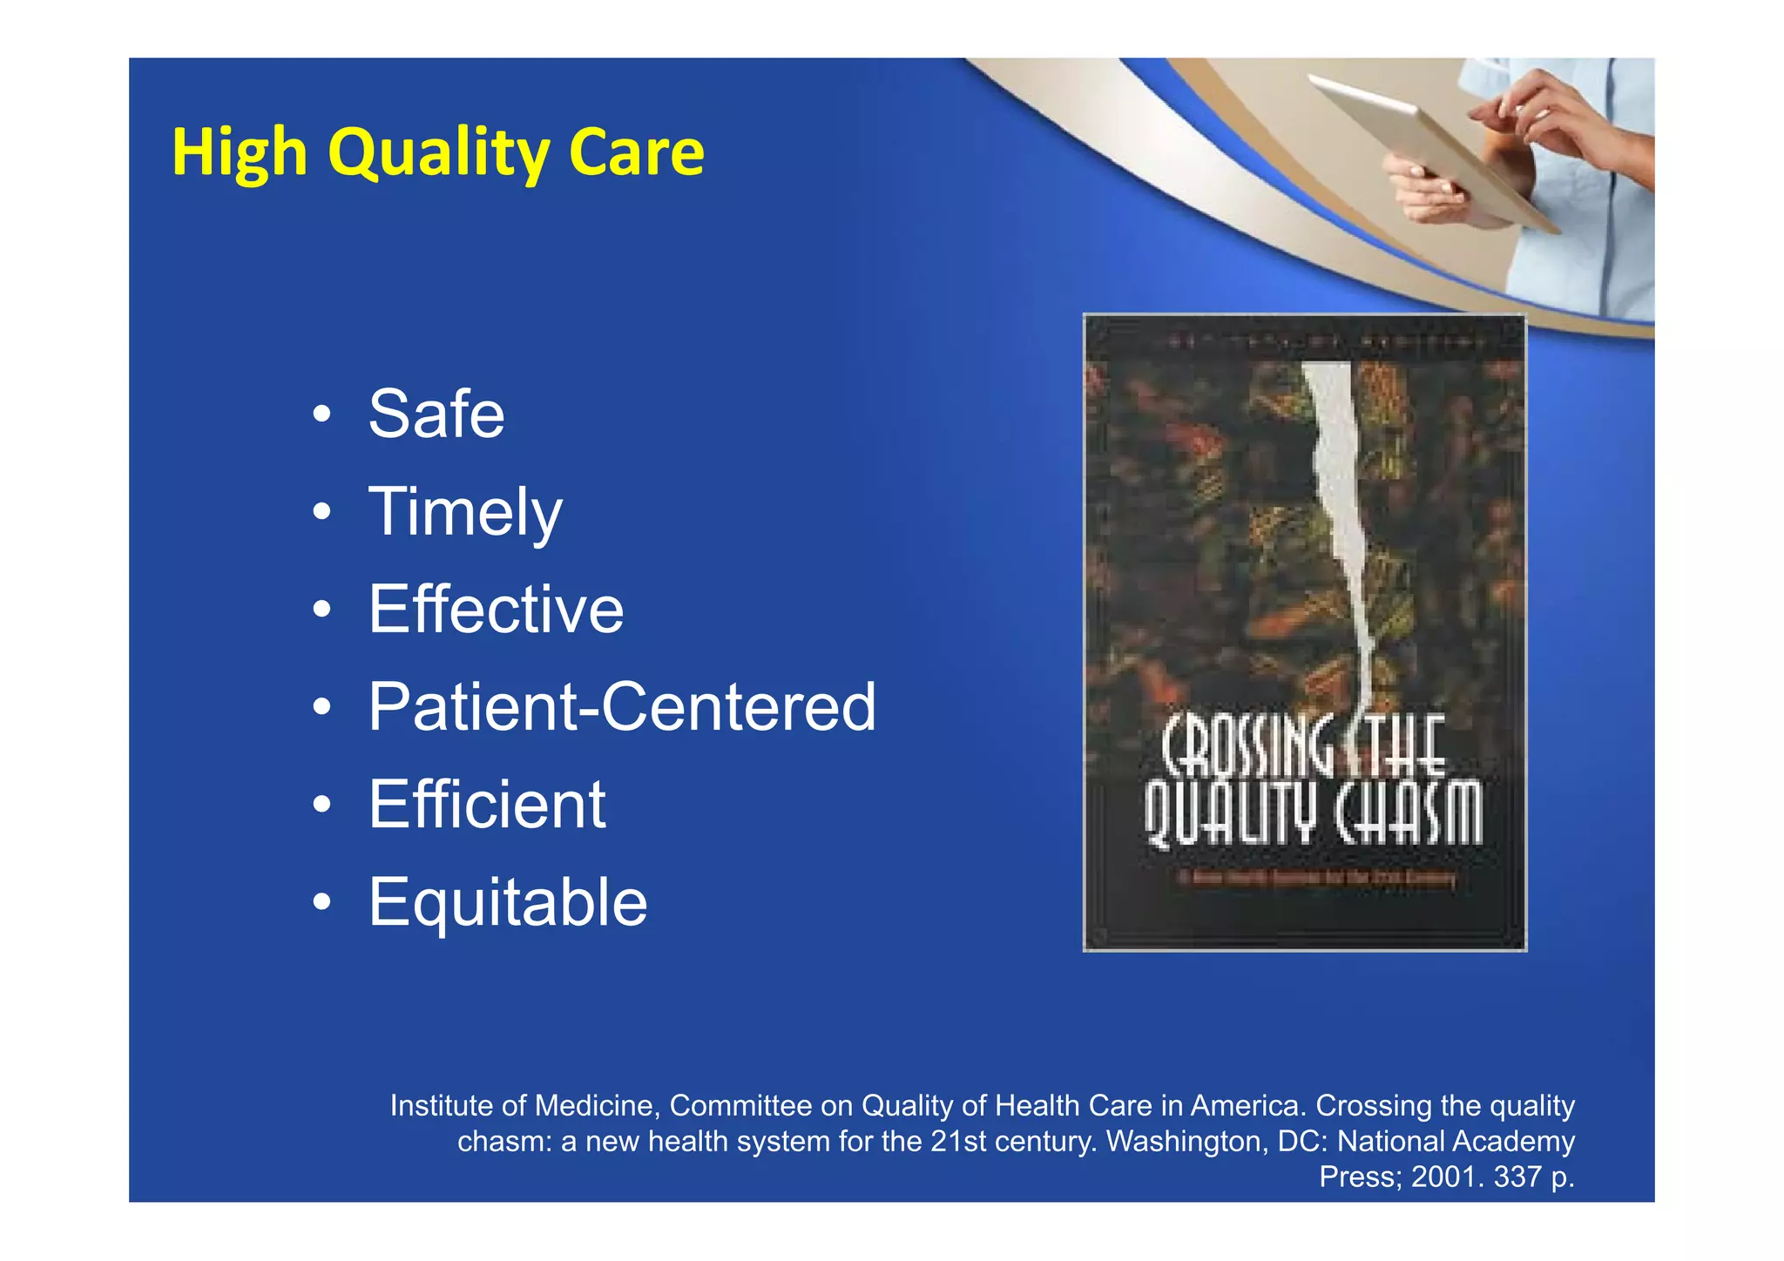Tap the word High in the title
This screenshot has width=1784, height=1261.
point(240,153)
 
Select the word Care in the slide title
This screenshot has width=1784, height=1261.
point(636,153)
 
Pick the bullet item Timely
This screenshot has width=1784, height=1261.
point(465,512)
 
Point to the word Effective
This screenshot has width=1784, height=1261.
point(496,610)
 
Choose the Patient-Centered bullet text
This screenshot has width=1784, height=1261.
point(622,707)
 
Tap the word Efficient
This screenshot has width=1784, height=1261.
point(486,805)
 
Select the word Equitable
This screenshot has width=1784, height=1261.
point(508,902)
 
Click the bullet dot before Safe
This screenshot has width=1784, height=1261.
point(322,415)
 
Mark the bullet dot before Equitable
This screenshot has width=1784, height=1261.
point(322,903)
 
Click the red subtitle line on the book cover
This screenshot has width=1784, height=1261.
point(1315,878)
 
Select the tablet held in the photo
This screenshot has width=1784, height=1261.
point(1429,148)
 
